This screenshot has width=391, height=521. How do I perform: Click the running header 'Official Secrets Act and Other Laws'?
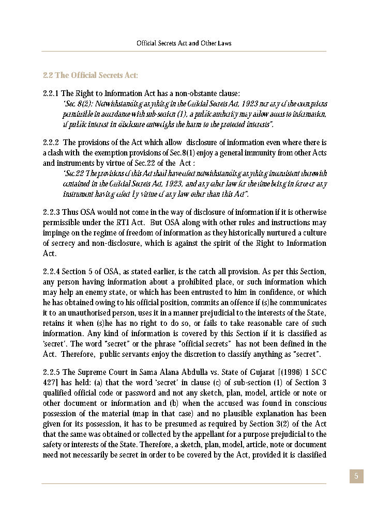[x=184, y=43]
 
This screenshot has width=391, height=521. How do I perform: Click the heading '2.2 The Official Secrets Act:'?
[x=90, y=75]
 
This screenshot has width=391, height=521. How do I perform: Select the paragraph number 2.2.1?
[x=51, y=93]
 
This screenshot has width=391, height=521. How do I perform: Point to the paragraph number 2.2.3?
[x=51, y=212]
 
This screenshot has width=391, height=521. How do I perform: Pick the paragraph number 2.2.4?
[x=51, y=272]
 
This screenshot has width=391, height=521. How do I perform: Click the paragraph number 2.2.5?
[x=51, y=372]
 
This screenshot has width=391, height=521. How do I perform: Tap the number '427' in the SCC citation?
[x=50, y=383]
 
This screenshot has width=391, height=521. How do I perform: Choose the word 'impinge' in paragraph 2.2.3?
[x=55, y=233]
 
